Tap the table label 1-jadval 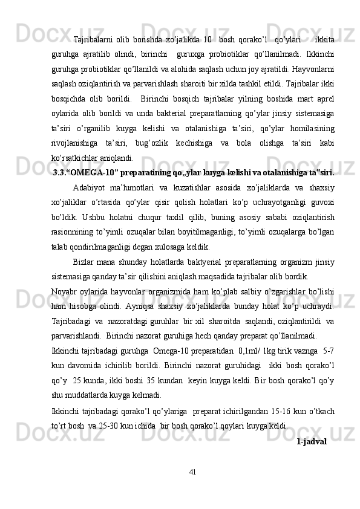(312, 442)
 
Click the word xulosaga (159, 247)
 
